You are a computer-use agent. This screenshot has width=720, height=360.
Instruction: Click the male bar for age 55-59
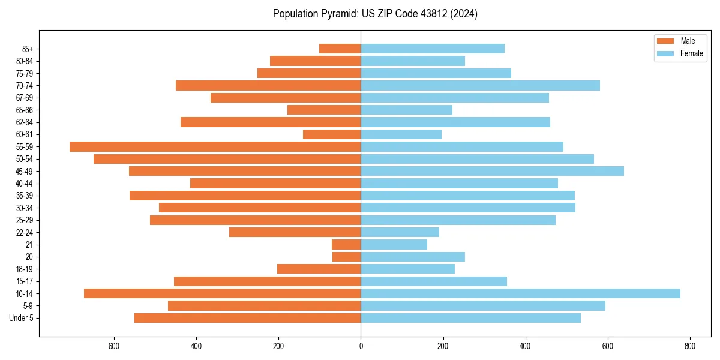coord(215,146)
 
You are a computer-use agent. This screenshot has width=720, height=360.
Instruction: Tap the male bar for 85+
coord(340,49)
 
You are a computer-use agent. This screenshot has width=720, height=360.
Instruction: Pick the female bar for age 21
coord(394,244)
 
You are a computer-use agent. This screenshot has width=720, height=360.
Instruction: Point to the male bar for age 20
coord(346,257)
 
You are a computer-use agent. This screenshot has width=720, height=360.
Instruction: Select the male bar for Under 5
coord(247,318)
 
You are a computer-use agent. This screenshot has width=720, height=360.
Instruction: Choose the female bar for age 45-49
coord(492,171)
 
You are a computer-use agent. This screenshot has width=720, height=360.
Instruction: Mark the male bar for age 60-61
coord(332,134)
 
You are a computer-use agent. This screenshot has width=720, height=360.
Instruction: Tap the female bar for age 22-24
coord(400,232)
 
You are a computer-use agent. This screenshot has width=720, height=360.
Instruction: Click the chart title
coord(375,14)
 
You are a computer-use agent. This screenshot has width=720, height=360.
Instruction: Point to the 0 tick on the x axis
coord(361,346)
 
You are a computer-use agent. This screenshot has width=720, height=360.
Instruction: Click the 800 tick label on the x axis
coord(689,346)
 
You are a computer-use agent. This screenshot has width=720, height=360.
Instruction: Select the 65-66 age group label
coord(24,110)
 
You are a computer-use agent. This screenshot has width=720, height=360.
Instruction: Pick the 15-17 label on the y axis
coord(24,281)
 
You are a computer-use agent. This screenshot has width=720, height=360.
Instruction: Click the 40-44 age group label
coord(24,184)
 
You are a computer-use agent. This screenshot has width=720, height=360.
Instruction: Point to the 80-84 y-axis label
coord(24,61)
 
